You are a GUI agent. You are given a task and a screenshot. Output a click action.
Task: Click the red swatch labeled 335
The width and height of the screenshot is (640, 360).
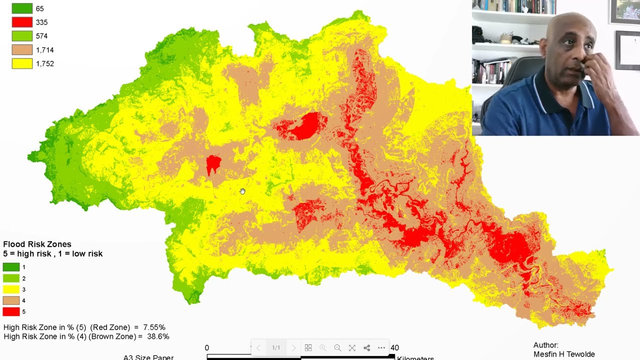22,22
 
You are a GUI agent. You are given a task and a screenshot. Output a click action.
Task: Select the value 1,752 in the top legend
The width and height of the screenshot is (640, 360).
44,64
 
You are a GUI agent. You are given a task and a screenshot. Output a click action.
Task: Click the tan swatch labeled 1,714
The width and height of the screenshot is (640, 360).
22,50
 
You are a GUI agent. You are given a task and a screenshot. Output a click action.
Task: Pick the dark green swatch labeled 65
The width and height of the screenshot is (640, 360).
22,8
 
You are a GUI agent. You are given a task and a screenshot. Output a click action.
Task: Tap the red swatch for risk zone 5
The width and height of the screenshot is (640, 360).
11,312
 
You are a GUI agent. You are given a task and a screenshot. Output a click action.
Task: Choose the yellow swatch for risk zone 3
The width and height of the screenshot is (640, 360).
11,289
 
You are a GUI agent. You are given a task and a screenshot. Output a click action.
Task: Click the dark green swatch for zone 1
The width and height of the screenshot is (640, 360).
11,267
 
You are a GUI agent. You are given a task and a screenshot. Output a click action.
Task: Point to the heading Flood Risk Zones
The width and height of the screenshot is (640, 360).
37,244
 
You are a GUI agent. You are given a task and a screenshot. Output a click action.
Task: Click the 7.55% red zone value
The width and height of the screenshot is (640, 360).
154,327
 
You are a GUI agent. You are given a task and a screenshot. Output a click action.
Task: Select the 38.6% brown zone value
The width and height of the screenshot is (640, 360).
158,337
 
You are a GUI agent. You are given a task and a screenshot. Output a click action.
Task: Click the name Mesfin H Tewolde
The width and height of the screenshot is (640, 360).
564,354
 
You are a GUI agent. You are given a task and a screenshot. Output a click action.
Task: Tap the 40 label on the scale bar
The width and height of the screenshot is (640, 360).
394,348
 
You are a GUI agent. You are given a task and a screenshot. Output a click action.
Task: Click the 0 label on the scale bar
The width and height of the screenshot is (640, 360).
207,348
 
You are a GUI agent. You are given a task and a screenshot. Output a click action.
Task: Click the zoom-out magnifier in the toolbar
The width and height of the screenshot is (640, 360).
337,348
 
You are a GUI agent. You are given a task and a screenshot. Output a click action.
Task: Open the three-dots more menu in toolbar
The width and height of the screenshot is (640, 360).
381,348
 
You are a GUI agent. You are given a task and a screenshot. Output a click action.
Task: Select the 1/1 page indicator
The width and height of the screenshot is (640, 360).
276,348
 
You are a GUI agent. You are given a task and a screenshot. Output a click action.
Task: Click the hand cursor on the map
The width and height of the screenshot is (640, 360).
242,191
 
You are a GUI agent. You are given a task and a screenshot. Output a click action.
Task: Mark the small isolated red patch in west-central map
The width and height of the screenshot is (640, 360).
213,163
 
